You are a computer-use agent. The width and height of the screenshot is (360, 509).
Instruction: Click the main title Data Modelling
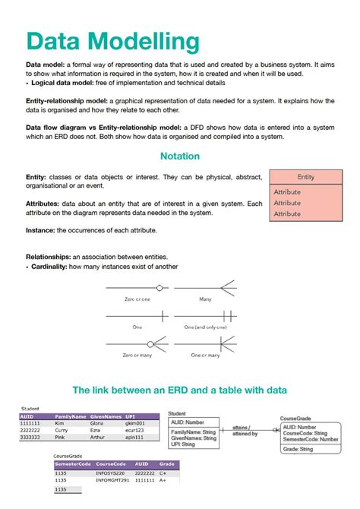(113, 41)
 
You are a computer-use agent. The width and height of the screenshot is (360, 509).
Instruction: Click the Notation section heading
(180, 156)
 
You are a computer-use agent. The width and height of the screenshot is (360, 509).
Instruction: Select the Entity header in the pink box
(306, 177)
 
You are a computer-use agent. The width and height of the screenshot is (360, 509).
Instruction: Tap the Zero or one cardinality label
(137, 299)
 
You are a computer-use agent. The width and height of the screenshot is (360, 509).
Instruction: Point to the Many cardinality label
(204, 299)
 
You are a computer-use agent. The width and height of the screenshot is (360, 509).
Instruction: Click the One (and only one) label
(204, 327)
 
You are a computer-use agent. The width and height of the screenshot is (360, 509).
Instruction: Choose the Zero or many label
(137, 355)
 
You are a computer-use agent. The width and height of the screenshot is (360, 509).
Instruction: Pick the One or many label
(204, 355)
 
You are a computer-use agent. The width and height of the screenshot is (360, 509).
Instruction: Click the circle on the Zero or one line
(159, 287)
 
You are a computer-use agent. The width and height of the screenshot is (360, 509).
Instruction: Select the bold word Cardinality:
(53, 267)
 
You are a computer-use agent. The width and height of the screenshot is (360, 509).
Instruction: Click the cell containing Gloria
(97, 423)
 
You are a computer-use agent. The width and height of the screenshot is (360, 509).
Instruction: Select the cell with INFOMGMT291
(112, 480)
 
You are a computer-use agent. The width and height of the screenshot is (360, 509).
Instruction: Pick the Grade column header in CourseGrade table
(167, 464)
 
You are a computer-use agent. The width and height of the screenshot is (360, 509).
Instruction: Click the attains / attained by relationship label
(245, 430)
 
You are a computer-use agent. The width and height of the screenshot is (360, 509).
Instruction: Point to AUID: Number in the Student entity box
(188, 422)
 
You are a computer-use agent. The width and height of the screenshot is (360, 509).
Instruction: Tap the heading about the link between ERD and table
(180, 390)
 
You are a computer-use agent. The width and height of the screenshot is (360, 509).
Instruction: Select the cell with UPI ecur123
(135, 430)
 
